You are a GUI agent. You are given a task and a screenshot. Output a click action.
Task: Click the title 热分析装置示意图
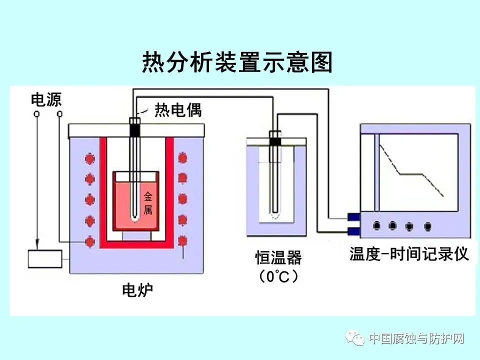tap(237, 62)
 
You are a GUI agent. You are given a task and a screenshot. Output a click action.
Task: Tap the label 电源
tap(46, 99)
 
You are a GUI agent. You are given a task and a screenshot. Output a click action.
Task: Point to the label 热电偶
tap(178, 110)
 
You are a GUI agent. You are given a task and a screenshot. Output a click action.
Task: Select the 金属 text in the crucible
tap(148, 203)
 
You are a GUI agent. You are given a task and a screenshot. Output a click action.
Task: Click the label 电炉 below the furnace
tap(137, 290)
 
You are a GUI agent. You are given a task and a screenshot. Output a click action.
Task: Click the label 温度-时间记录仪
tap(409, 254)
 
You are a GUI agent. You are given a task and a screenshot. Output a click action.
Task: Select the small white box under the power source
tap(45, 259)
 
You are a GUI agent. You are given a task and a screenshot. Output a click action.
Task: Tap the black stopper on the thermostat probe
tap(275, 141)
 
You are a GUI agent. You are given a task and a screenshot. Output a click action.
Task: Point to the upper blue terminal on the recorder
tap(354, 217)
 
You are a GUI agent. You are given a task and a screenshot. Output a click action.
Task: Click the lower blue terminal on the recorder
tap(354, 230)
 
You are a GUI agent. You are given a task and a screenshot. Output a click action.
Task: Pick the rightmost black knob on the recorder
tap(427, 226)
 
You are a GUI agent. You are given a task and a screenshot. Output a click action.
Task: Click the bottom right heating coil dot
tap(183, 241)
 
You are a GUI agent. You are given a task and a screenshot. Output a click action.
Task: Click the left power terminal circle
tap(36, 114)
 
